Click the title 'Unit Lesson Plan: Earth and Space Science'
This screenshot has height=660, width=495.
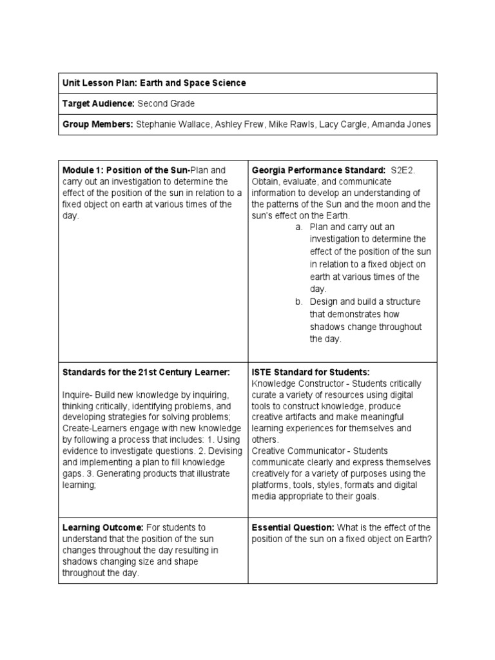(x=154, y=83)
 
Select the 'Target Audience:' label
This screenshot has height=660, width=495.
(x=98, y=103)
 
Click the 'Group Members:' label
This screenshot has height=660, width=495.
(x=97, y=124)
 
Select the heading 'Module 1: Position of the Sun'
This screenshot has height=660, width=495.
(x=126, y=170)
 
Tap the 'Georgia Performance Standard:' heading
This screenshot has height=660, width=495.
(x=318, y=170)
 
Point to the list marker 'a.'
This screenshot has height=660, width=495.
(x=299, y=227)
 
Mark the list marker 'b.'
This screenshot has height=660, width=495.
(x=299, y=302)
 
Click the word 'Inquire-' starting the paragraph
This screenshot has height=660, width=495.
(x=77, y=394)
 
